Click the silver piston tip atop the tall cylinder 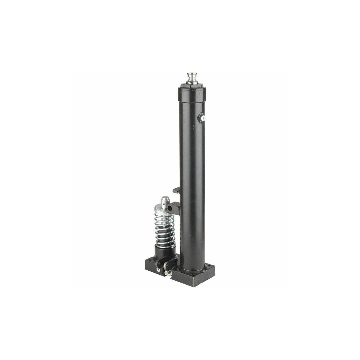pos(192,77)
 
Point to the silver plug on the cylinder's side pos(202,117)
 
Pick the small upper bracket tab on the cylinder pos(176,190)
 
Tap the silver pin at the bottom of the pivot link pos(166,273)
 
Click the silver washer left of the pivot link pos(158,266)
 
